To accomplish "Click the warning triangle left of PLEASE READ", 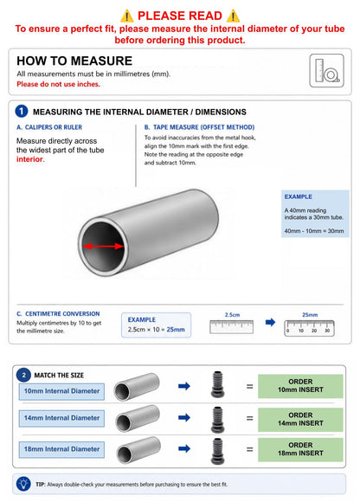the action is pos(126,16).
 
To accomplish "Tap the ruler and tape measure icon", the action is pos(327,70).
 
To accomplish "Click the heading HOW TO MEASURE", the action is pos(74,61).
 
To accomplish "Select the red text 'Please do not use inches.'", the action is pos(58,84).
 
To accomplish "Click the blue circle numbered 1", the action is pos(22,112).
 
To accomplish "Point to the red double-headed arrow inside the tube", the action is pos(103,246).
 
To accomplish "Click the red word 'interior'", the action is pos(29,159).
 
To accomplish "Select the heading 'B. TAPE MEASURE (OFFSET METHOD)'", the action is pos(199,127).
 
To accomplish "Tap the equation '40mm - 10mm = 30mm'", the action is pos(314,231).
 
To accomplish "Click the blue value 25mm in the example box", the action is pos(176,330).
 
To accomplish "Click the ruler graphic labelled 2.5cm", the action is pos(231,326).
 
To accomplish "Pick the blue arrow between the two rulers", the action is pos(270,322).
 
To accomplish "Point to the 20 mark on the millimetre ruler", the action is pos(314,331).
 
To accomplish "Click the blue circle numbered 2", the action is pos(23,375).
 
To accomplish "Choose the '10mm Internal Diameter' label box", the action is pos(61,391).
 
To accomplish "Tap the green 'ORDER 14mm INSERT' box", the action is pos(300,419).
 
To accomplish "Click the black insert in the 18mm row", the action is pos(218,451).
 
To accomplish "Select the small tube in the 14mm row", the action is pos(138,418).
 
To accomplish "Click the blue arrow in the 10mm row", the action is pos(184,386).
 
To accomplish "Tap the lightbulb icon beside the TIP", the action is pos(23,484).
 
